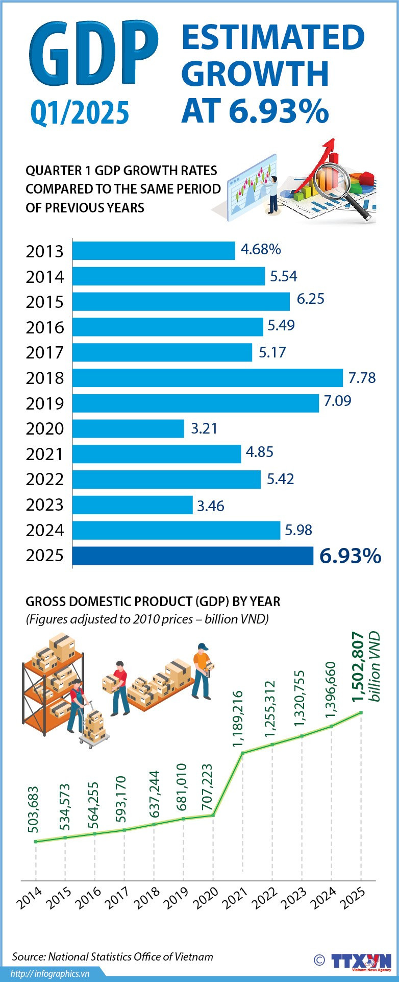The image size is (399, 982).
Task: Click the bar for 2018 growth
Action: (x=207, y=378)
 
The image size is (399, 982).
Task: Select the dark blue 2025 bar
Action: (x=192, y=556)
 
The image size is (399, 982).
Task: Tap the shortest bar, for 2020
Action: (x=128, y=428)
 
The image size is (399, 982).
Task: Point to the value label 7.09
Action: (x=337, y=401)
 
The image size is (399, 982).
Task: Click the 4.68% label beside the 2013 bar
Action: (x=261, y=249)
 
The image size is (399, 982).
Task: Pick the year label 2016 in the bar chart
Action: (x=45, y=327)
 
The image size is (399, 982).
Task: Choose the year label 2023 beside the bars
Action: (x=45, y=505)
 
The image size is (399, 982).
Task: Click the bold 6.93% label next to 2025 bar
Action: (x=350, y=556)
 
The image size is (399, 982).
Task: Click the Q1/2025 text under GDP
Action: (x=80, y=112)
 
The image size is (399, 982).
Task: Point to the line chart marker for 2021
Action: (x=243, y=753)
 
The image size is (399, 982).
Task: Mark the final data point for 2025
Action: (x=361, y=712)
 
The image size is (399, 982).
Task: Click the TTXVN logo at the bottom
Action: (x=361, y=960)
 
